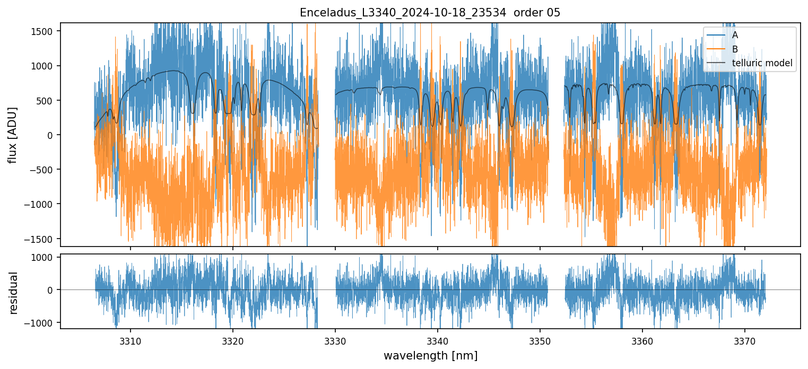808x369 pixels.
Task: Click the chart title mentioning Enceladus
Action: point(430,13)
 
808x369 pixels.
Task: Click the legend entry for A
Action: point(735,35)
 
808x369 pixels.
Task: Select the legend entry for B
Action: point(735,49)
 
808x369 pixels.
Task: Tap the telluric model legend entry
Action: point(762,64)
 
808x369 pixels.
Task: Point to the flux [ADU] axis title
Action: point(12,135)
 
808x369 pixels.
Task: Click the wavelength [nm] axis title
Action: point(430,355)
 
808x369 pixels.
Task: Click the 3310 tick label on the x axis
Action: point(131,340)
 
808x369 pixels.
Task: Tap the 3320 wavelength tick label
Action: point(233,340)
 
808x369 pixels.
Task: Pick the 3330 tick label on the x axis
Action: point(335,340)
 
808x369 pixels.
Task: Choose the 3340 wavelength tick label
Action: point(438,340)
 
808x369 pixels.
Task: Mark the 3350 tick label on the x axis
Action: point(540,340)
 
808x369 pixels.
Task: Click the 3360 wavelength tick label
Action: point(642,340)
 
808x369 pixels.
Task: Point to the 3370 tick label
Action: point(745,340)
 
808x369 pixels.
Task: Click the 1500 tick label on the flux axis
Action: point(44,31)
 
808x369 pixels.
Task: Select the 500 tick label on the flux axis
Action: point(47,100)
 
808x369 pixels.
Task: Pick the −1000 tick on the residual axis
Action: point(41,322)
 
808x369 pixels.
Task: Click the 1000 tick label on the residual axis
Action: point(44,258)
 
